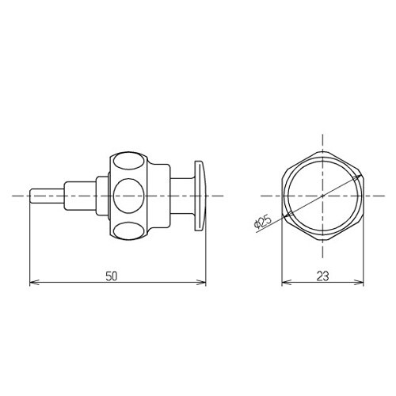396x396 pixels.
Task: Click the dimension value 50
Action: (x=112, y=276)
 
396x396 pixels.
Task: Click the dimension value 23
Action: (x=322, y=276)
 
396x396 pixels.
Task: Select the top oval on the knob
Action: (x=128, y=162)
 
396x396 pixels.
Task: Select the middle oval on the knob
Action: (x=128, y=196)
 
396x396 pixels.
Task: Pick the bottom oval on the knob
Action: (x=128, y=230)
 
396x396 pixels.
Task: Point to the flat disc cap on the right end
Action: (x=200, y=196)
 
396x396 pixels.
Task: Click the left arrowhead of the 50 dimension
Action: (x=34, y=283)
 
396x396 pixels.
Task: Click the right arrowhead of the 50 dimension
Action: (x=201, y=283)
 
